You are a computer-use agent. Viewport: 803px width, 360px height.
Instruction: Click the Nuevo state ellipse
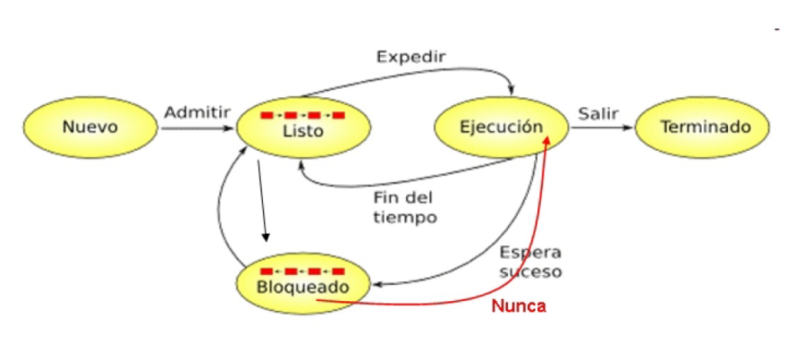[90, 127]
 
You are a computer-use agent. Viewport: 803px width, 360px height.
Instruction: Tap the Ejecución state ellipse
[501, 127]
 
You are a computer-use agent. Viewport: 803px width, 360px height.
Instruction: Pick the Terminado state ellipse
[703, 127]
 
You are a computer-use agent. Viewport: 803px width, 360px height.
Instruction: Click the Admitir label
[197, 113]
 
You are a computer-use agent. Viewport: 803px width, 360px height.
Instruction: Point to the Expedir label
[411, 57]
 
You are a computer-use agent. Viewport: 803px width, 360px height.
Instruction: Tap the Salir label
[598, 113]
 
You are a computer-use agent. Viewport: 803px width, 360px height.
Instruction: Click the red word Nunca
[519, 306]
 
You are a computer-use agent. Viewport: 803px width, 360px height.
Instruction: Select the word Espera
[530, 253]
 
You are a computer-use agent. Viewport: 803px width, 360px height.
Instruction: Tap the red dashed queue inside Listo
[303, 116]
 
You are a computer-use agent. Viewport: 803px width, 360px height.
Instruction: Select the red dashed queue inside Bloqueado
[303, 271]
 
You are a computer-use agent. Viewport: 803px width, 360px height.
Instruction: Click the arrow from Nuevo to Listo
[196, 129]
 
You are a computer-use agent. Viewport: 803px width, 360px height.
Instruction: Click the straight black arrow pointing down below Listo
[263, 199]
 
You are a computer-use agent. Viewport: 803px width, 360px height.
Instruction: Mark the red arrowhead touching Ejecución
[548, 140]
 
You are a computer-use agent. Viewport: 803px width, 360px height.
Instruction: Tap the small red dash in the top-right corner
[777, 29]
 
